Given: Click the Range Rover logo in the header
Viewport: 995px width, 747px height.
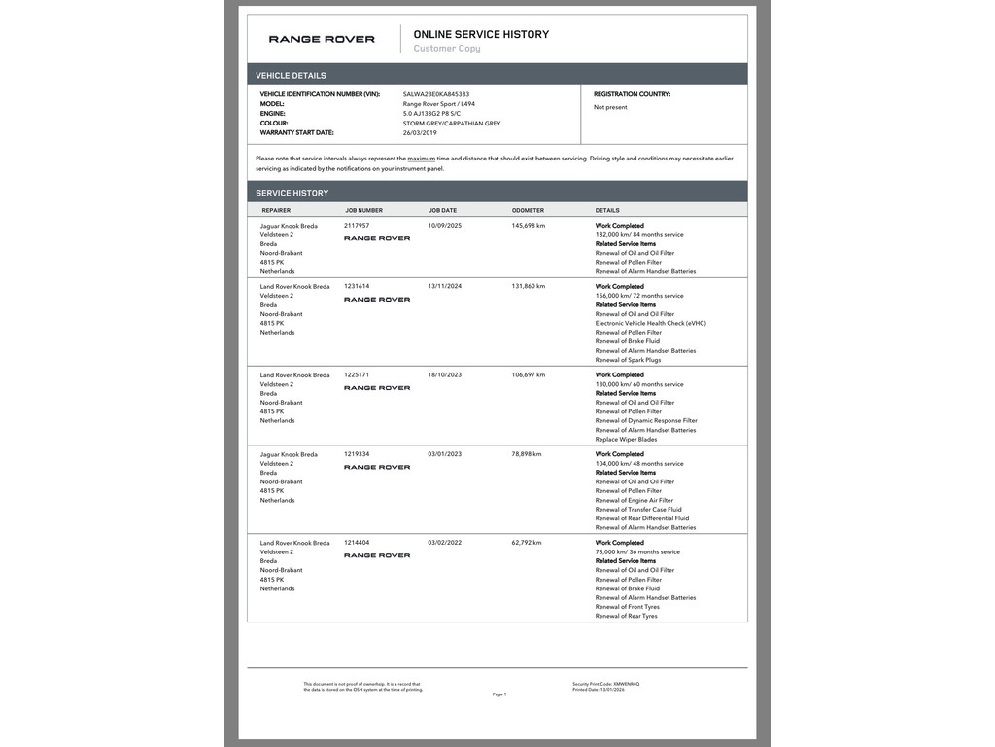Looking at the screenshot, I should click(x=322, y=40).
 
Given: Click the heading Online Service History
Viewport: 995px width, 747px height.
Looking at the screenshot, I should click(x=481, y=34).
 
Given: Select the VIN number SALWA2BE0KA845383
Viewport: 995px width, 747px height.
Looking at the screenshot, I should click(x=436, y=94).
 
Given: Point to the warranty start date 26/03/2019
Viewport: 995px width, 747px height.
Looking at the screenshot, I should click(x=420, y=132).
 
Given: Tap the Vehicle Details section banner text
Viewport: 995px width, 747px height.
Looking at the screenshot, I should click(x=291, y=75).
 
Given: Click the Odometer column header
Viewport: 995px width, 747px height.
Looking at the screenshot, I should click(x=528, y=210).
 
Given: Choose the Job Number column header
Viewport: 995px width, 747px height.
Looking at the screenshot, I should click(x=363, y=210).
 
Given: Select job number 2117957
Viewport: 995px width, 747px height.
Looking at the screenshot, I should click(x=357, y=226).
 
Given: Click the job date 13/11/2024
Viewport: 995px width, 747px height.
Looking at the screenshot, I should click(x=445, y=287).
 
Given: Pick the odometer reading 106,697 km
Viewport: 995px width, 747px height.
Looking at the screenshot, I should click(x=529, y=374).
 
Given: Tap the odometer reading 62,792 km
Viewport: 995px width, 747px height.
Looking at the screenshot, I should click(x=527, y=543).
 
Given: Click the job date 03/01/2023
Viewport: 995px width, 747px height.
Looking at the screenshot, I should click(x=445, y=454).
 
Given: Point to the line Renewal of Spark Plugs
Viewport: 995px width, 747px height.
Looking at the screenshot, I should click(x=628, y=360).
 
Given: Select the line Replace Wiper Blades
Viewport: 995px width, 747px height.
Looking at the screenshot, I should click(x=627, y=439).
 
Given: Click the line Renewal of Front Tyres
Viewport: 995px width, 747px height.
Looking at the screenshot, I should click(x=627, y=607).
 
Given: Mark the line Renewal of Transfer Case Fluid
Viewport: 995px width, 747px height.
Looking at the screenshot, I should click(x=638, y=510).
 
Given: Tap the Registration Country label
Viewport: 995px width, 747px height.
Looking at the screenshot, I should click(x=632, y=94).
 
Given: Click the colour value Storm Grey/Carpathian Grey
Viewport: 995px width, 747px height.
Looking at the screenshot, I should click(x=452, y=124).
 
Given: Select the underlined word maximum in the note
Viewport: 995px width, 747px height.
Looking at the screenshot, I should click(x=421, y=158).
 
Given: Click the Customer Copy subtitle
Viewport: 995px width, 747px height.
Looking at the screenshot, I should click(x=447, y=49).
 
